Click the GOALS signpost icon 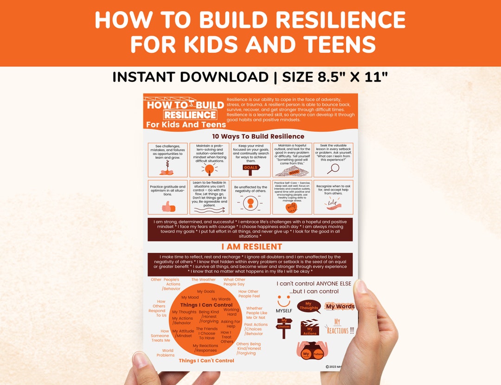pyautogui.click(x=251, y=169)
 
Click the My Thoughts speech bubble pyautogui.click(x=309, y=307)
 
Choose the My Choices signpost pyautogui.click(x=284, y=327)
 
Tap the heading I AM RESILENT pyautogui.click(x=251, y=246)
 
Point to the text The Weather pyautogui.click(x=204, y=280)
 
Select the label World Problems pyautogui.click(x=166, y=353)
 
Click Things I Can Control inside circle pyautogui.click(x=206, y=305)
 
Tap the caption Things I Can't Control pyautogui.click(x=206, y=360)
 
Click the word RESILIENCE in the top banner pyautogui.click(x=190, y=114)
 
